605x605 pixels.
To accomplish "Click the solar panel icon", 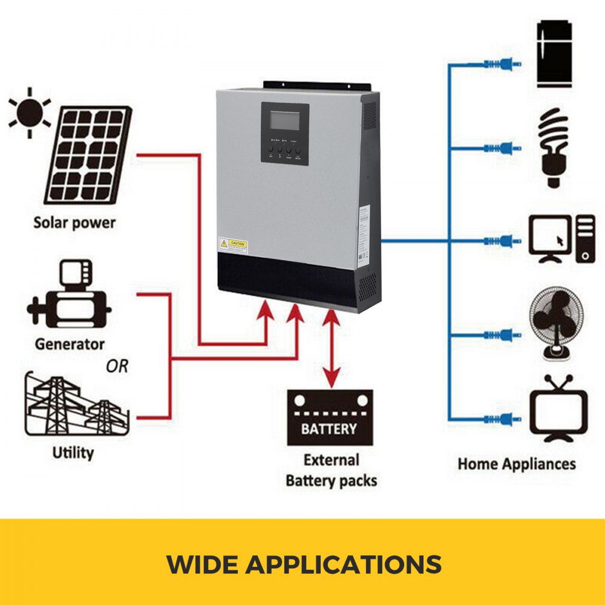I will (88, 155).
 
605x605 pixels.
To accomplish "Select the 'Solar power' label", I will (74, 222).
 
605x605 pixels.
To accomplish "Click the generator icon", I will (69, 299).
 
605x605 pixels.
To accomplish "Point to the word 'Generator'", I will (70, 344).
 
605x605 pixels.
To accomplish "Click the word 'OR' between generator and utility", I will (117, 366).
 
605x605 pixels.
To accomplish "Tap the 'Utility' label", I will (73, 452).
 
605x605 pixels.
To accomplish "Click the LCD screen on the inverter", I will (284, 120).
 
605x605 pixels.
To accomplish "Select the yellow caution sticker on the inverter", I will (233, 244).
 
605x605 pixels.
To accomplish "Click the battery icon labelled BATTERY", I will (330, 417).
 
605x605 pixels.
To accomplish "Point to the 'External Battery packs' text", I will (331, 470).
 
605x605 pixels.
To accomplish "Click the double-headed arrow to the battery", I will (330, 348).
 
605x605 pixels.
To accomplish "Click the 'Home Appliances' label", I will (517, 464).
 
